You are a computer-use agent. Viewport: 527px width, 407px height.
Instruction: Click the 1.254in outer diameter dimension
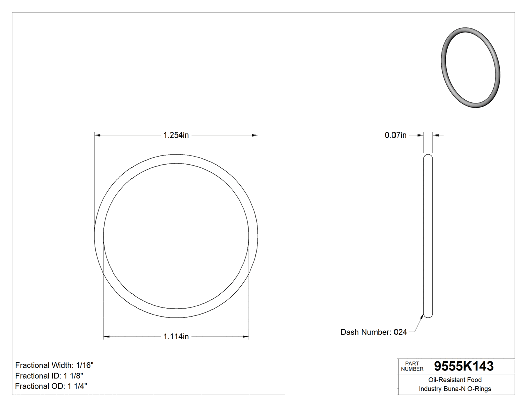pyautogui.click(x=176, y=135)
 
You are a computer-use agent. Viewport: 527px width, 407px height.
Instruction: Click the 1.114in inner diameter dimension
pyautogui.click(x=176, y=337)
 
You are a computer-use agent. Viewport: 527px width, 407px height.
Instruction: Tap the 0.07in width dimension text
pyautogui.click(x=396, y=135)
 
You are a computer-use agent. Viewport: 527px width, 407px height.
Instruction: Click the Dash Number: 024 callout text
pyautogui.click(x=373, y=332)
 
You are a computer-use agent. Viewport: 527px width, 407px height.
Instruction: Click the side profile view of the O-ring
pyautogui.click(x=428, y=236)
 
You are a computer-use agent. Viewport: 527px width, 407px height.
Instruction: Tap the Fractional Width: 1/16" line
pyautogui.click(x=54, y=365)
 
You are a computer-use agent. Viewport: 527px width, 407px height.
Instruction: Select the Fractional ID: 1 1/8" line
pyautogui.click(x=49, y=376)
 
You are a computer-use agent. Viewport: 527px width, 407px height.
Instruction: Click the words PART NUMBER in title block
pyautogui.click(x=411, y=366)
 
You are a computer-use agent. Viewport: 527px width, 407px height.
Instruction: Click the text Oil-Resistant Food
pyautogui.click(x=455, y=380)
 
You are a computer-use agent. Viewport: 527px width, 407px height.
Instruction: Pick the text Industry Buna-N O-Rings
pyautogui.click(x=455, y=389)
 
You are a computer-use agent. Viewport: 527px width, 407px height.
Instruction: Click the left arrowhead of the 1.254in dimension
pyautogui.click(x=98, y=135)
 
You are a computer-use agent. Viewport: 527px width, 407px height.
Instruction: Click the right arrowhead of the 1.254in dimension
pyautogui.click(x=254, y=135)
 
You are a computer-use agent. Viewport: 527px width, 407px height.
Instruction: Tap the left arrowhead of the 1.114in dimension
pyautogui.click(x=106, y=337)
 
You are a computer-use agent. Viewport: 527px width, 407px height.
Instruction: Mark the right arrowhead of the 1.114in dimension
pyautogui.click(x=246, y=337)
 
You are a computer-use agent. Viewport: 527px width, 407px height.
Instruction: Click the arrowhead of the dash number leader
pyautogui.click(x=422, y=316)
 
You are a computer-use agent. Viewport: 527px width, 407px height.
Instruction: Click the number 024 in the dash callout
pyautogui.click(x=400, y=332)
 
